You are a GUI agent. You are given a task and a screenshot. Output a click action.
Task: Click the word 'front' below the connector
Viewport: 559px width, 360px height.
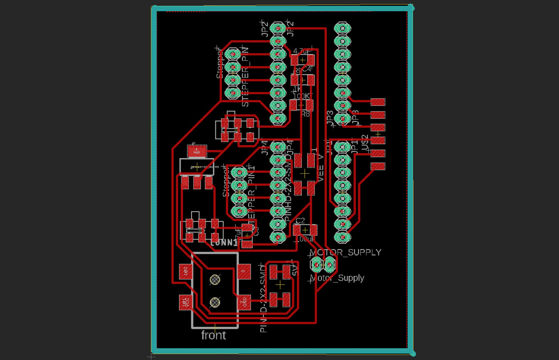pos(213,335)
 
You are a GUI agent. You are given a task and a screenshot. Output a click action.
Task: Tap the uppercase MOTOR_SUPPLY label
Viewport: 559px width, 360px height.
pos(345,252)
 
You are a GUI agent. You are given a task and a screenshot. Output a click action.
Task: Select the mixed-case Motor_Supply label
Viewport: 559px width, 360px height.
pos(337,278)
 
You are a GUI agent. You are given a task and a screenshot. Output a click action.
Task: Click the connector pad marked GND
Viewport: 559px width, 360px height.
pos(244,303)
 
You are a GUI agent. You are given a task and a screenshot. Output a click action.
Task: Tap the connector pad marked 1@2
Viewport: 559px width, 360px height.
pos(186,271)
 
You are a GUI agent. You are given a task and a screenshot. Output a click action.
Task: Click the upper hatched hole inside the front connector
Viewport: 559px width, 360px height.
pos(215,280)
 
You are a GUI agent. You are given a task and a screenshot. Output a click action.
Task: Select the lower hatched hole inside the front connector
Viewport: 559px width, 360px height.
pos(215,302)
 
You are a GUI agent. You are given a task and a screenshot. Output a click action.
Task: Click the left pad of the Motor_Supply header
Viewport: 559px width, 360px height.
pos(317,265)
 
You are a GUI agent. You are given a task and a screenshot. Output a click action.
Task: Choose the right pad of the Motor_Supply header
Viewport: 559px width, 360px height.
pos(329,265)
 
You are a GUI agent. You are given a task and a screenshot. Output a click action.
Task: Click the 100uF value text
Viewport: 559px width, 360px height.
pos(305,239)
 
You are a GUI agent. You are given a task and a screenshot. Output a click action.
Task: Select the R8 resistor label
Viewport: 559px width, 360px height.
pos(306,114)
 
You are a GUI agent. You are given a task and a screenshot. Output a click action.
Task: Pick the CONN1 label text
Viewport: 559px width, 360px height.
pos(224,243)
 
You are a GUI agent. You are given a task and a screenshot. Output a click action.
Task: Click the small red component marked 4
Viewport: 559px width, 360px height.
pos(197,151)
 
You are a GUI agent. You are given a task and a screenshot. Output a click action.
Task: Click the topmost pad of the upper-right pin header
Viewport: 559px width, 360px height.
pos(342,28)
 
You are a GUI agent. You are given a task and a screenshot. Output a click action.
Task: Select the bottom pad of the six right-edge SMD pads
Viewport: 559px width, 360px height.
pos(378,166)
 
